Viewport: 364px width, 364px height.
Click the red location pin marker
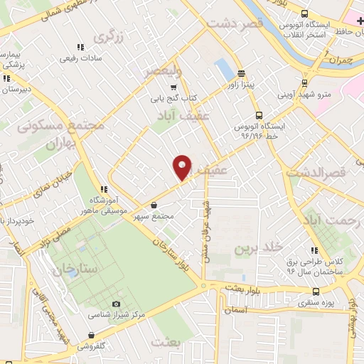183,167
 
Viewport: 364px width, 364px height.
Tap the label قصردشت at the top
235,23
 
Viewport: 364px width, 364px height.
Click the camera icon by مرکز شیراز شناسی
117,304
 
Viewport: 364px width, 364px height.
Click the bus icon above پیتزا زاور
241,73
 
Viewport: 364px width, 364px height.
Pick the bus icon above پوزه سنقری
316,291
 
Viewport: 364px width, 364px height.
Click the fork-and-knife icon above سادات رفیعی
80,47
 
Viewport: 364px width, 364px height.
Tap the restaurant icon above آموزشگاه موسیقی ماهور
105,189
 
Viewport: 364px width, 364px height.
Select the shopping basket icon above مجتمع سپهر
154,205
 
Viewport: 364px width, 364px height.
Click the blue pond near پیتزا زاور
223,69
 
